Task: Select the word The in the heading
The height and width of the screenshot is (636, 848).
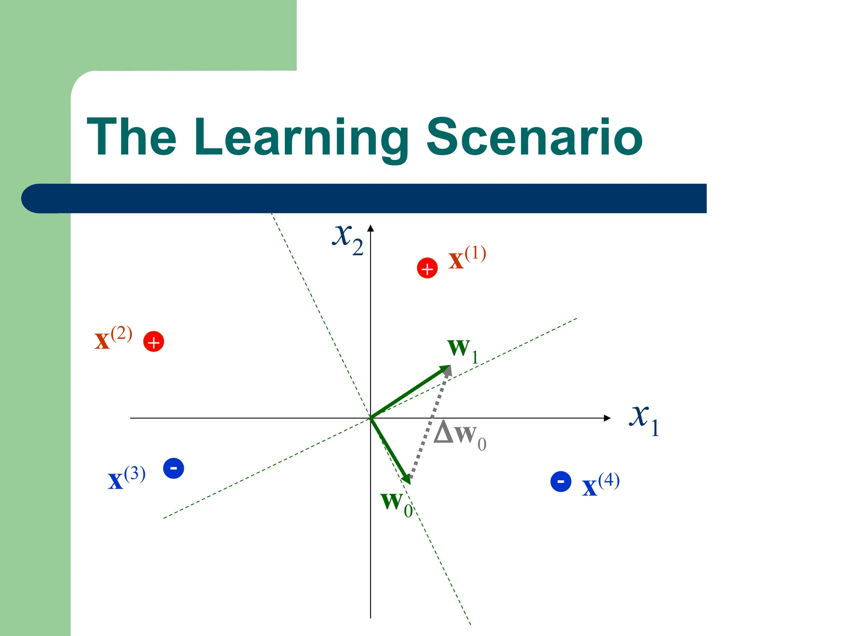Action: click(x=132, y=137)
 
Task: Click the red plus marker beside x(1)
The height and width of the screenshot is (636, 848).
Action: click(x=427, y=268)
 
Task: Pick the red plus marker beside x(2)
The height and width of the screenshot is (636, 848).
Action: click(x=154, y=342)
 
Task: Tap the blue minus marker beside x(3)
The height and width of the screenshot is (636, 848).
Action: click(x=173, y=468)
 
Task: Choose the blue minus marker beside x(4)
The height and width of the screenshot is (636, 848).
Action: click(x=561, y=482)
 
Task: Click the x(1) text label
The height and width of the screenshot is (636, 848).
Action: click(x=467, y=258)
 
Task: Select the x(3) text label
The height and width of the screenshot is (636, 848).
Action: click(x=126, y=478)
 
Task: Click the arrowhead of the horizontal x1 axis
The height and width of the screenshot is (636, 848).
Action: click(x=607, y=418)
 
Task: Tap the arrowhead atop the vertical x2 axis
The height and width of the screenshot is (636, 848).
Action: click(x=371, y=228)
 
